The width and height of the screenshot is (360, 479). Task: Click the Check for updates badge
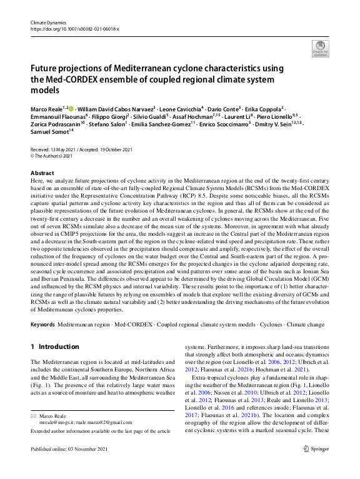pyautogui.click(x=320, y=48)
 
